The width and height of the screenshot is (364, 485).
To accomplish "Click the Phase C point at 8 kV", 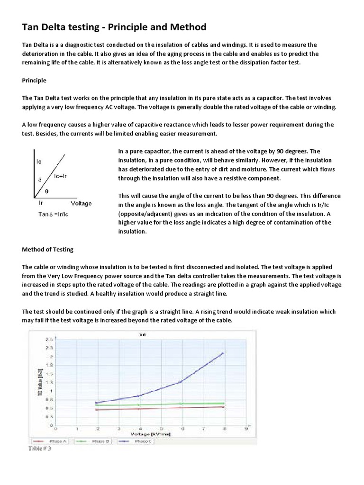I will pyautogui.click(x=223, y=353).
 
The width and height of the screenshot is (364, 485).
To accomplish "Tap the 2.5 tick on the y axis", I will pyautogui.click(x=49, y=340).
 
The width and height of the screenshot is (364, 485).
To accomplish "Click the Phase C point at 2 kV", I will pyautogui.click(x=96, y=403).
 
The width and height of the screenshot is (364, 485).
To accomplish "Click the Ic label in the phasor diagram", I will pyautogui.click(x=39, y=162).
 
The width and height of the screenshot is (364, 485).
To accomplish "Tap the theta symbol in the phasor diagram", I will pyautogui.click(x=46, y=192).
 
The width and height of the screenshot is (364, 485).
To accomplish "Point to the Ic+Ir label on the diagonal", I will pyautogui.click(x=60, y=176).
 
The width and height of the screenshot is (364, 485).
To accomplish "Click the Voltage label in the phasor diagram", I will pyautogui.click(x=81, y=203).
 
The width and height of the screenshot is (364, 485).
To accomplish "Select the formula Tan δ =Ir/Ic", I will pyautogui.click(x=54, y=214).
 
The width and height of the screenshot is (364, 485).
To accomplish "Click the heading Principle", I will pyautogui.click(x=34, y=80).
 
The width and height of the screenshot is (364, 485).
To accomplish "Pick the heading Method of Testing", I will pyautogui.click(x=48, y=249).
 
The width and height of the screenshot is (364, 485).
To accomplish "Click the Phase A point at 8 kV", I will pyautogui.click(x=223, y=407).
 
